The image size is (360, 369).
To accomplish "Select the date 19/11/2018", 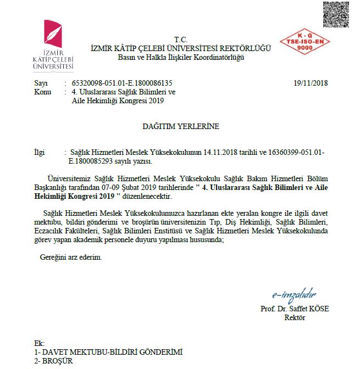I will [x=311, y=83].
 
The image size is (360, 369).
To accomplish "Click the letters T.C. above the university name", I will [x=180, y=40].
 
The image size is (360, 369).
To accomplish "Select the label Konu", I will [x=42, y=92].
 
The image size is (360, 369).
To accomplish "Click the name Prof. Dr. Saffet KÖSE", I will [x=294, y=309].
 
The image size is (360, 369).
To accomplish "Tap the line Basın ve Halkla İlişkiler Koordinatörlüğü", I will [x=181, y=57].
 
